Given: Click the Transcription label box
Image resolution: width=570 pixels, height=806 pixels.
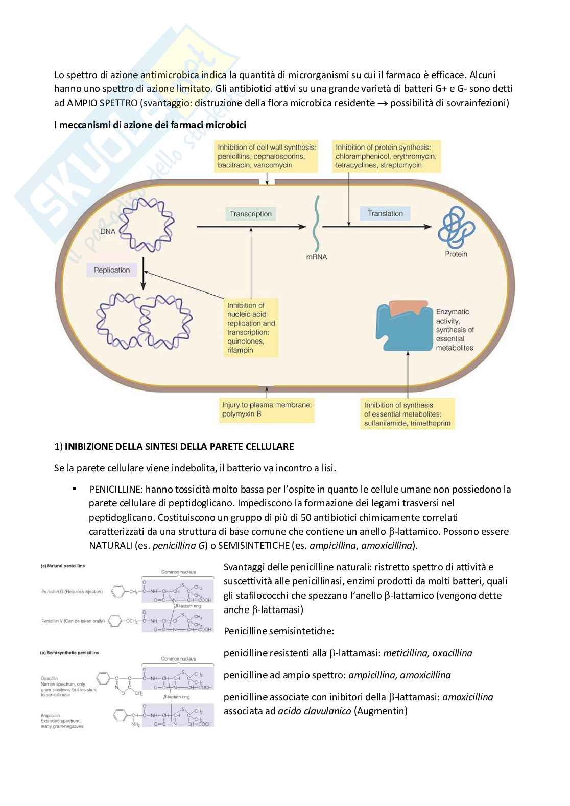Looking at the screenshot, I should click(250, 214).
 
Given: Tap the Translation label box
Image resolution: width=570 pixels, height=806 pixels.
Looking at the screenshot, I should click(385, 213).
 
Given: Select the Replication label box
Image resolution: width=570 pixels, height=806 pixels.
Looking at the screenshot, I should click(112, 270).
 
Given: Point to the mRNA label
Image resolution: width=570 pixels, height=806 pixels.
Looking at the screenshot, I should click(316, 257).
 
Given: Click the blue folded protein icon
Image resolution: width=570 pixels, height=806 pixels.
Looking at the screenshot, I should click(455, 227).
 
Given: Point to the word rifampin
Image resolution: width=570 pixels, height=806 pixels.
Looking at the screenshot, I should click(240, 350).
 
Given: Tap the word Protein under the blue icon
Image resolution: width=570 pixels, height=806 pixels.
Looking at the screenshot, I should click(456, 254).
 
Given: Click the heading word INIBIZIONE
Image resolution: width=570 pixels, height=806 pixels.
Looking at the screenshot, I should click(90, 447).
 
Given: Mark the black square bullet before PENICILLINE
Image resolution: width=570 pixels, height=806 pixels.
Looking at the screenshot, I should click(74, 489).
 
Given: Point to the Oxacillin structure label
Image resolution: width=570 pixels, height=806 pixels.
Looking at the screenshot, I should click(51, 678).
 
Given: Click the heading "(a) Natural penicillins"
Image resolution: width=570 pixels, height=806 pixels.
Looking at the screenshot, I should click(63, 566).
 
